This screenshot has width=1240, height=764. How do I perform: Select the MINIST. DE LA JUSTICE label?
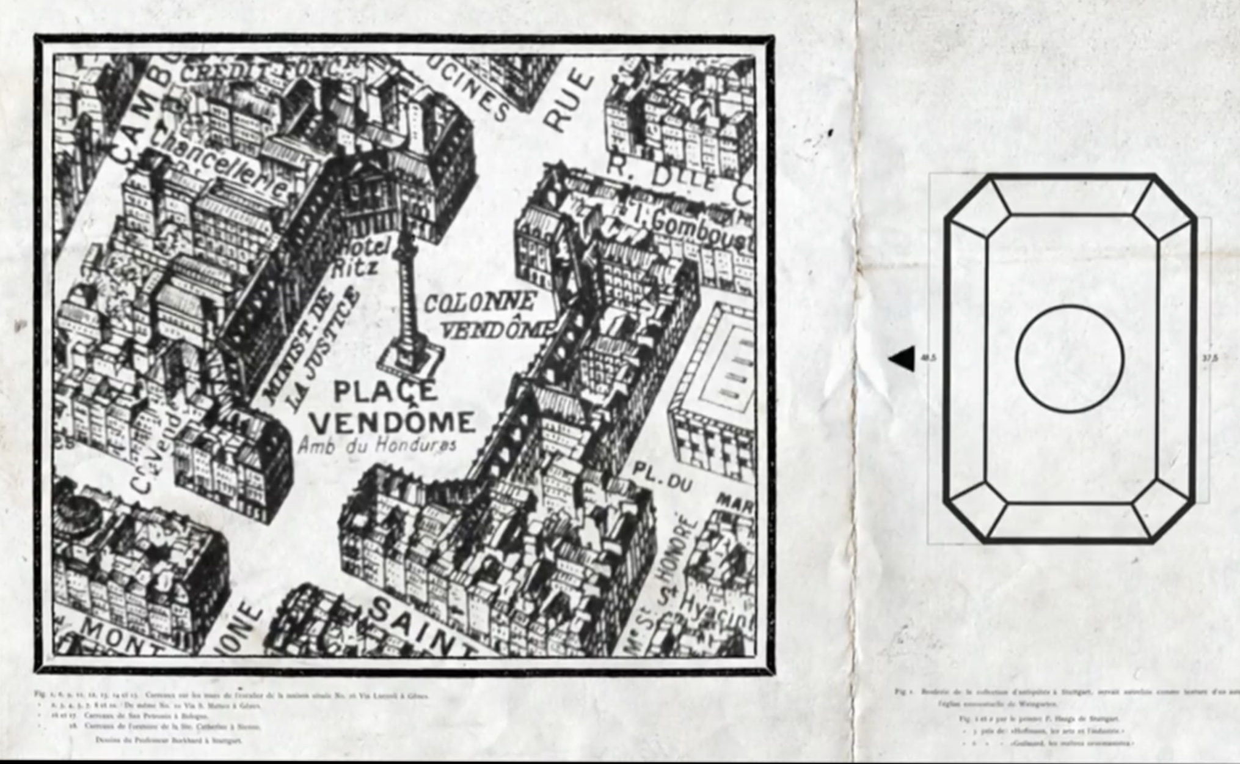312,351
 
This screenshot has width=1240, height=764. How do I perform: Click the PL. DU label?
662,477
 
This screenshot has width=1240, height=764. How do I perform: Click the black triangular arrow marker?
903,359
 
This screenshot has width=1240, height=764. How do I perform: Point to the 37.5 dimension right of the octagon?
1209,359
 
